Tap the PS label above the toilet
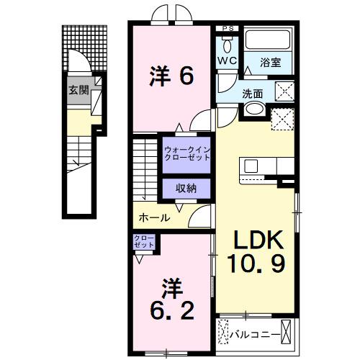click(x=228, y=29)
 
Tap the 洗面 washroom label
click(x=252, y=93)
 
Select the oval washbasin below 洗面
click(x=253, y=109)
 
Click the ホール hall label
click(x=153, y=217)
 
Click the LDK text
click(x=257, y=241)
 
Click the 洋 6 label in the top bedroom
click(x=172, y=76)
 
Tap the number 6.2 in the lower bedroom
click(x=171, y=311)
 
